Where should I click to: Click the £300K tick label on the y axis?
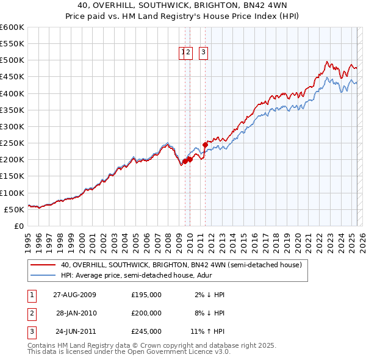click(12, 126)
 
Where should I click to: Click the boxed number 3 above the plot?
click(203, 53)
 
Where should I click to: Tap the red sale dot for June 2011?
click(205, 145)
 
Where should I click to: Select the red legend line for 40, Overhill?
click(43, 265)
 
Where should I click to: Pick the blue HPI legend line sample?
click(43, 275)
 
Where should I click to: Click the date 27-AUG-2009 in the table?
click(75, 295)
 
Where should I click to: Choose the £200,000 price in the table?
click(146, 313)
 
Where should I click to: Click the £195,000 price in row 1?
click(146, 295)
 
